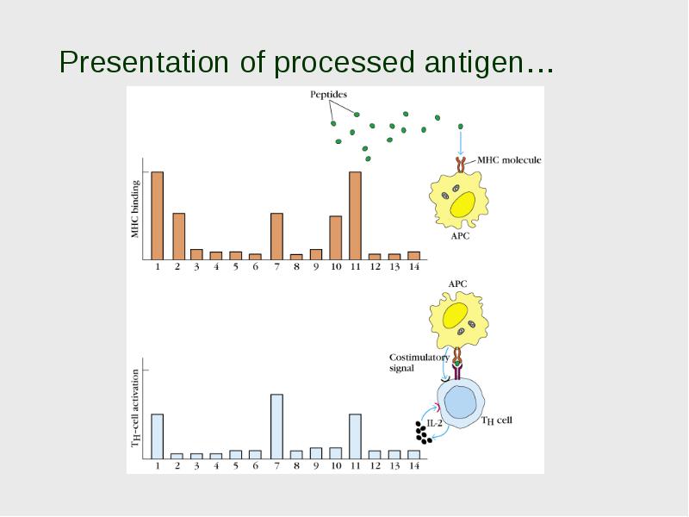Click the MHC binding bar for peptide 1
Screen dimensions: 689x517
[158, 215]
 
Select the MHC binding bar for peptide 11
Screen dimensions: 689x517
[355, 215]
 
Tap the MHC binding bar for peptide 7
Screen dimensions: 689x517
[276, 236]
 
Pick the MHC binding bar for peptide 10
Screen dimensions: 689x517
[336, 238]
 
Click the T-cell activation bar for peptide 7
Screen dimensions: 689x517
[276, 427]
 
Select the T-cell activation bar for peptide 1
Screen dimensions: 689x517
[158, 437]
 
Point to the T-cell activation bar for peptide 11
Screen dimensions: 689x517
[355, 437]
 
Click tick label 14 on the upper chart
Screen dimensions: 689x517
[414, 266]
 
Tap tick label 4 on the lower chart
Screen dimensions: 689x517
[216, 465]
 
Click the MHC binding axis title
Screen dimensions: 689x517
[135, 209]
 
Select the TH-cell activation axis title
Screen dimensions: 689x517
[135, 408]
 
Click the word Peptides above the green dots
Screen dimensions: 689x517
[328, 95]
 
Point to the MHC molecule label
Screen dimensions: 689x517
[509, 160]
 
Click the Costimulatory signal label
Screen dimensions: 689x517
[419, 363]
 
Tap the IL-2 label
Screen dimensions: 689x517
[435, 423]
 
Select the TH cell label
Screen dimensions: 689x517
[497, 420]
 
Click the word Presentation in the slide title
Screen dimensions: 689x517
[144, 61]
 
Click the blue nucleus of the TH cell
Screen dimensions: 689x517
[460, 402]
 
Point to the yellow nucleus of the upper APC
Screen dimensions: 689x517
[462, 204]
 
